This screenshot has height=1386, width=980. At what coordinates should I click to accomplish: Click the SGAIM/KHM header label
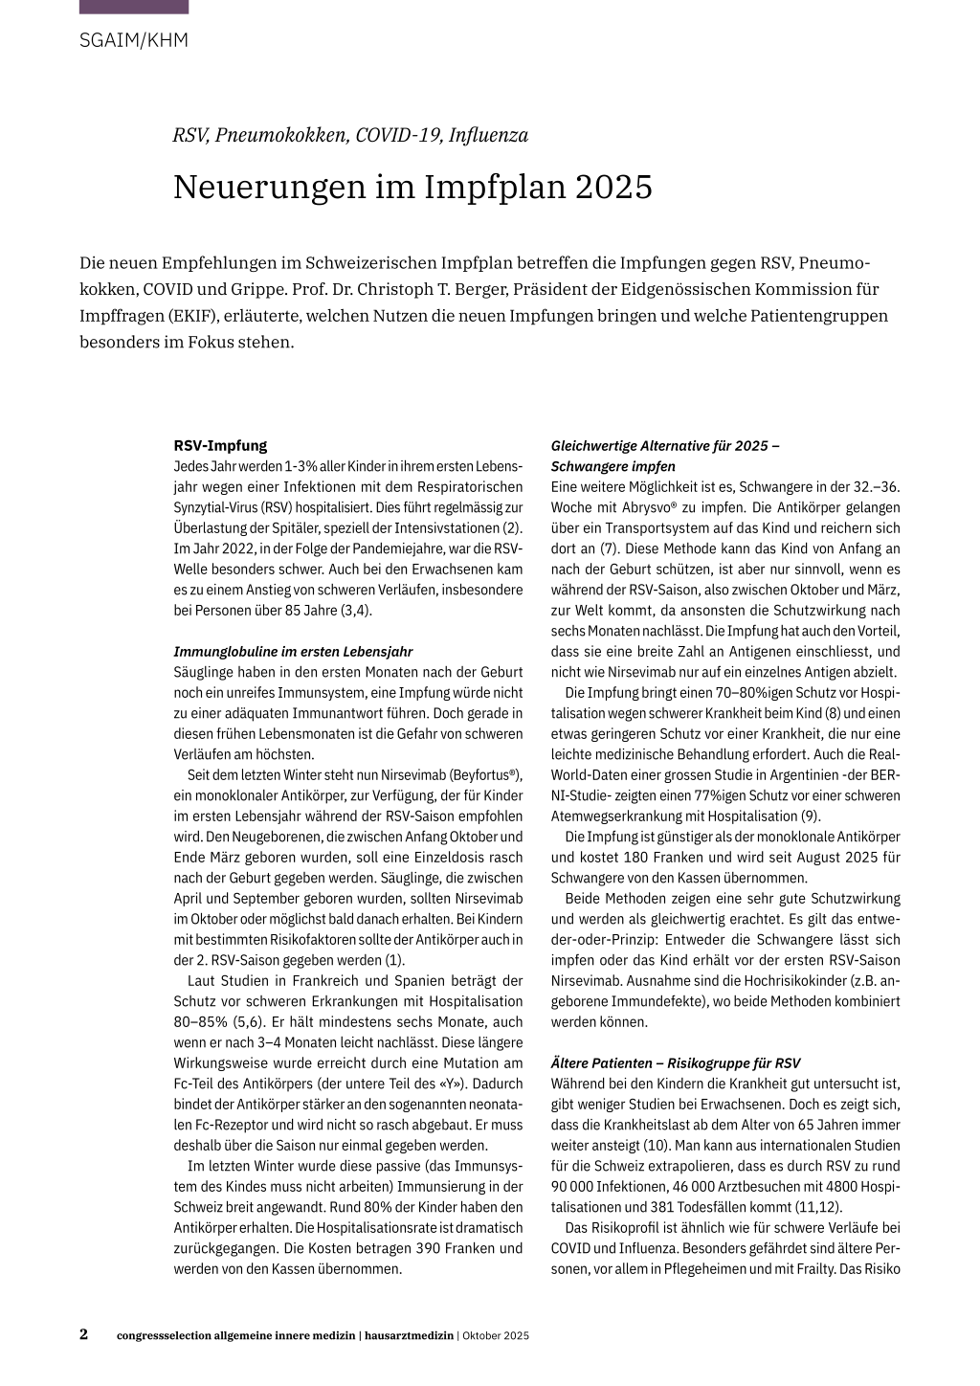pos(134,40)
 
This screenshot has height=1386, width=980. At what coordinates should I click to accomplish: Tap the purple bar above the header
pos(134,7)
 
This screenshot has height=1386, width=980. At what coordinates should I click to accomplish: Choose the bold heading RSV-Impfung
pos(220,445)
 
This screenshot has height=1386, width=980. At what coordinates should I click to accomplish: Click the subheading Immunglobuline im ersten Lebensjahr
pos(293,652)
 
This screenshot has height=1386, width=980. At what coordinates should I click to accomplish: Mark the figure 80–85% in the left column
pos(202,1022)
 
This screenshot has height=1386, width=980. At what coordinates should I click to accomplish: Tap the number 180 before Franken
pos(637,858)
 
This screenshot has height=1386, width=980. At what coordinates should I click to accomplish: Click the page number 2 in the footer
pos(84,1334)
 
